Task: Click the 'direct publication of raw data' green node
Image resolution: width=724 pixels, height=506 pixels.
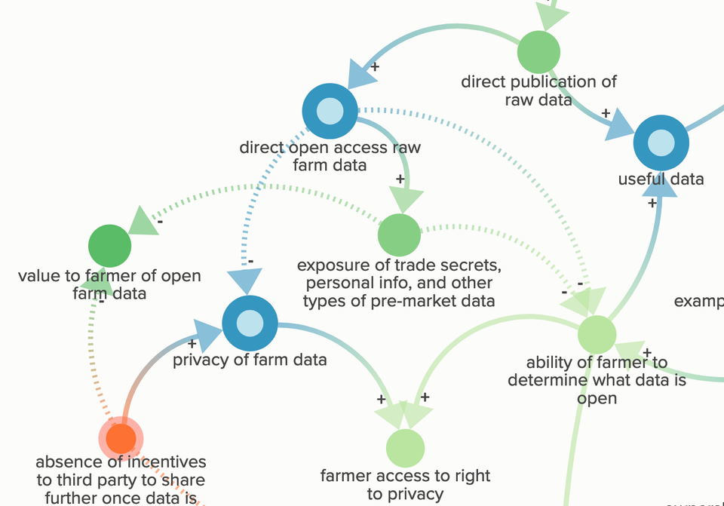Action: (x=538, y=53)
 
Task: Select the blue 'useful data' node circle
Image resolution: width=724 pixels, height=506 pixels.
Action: (x=661, y=143)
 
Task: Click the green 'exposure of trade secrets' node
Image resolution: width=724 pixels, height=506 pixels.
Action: (x=399, y=235)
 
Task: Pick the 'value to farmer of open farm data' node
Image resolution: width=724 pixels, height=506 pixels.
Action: (x=110, y=246)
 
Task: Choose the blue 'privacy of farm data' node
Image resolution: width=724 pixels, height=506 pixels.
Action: (x=250, y=324)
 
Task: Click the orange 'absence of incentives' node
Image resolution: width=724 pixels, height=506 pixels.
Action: (x=121, y=437)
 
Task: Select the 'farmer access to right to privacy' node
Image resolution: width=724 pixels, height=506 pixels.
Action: (x=405, y=448)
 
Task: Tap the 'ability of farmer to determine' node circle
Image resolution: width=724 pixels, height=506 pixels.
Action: (x=597, y=334)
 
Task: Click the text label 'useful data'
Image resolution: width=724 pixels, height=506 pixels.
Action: (x=661, y=179)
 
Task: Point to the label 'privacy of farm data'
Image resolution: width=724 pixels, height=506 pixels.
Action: (x=250, y=360)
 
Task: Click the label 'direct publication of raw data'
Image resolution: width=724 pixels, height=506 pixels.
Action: (x=538, y=90)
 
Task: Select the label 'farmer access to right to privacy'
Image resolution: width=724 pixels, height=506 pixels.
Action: (x=405, y=485)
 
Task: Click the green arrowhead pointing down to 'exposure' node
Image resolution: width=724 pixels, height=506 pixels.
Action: (x=406, y=200)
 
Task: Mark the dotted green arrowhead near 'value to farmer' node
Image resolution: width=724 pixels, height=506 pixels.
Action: (x=144, y=222)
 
